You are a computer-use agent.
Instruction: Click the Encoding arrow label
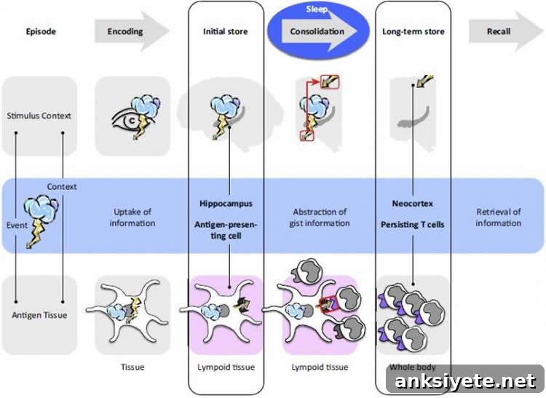125,31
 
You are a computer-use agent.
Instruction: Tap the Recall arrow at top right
506,31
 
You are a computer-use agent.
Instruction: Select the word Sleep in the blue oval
317,9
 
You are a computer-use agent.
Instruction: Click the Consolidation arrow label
317,31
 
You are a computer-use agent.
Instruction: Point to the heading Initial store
225,32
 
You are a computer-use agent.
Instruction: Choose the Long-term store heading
414,32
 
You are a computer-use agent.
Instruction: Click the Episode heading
41,31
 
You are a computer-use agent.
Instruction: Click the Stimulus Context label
39,116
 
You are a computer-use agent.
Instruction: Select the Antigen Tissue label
39,315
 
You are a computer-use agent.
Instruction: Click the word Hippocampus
226,204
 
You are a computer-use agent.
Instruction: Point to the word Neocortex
413,204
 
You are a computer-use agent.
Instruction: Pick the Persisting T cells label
413,225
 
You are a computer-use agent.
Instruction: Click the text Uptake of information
132,218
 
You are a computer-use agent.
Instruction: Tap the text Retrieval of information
498,218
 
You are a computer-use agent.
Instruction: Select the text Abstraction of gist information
320,218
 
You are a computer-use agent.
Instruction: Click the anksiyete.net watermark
465,381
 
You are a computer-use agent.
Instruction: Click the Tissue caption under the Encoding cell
132,367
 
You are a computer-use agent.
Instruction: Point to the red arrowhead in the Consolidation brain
315,82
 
